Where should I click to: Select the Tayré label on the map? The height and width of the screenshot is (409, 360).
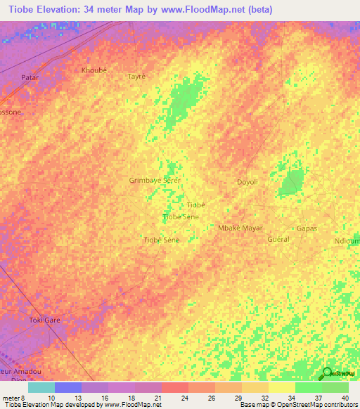[x=136, y=76]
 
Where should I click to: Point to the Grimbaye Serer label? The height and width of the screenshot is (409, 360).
[x=155, y=180]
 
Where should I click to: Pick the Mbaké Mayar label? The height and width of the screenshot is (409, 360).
[x=240, y=228]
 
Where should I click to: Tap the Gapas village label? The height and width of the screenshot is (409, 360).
[x=307, y=228]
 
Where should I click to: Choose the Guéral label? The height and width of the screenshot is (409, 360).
[x=278, y=239]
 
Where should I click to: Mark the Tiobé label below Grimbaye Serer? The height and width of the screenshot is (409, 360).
[x=195, y=204]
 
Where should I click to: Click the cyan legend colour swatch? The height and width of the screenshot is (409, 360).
[x=41, y=387]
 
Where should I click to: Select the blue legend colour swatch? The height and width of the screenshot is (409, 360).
[x=67, y=387]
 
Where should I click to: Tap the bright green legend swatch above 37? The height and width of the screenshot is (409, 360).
[x=308, y=387]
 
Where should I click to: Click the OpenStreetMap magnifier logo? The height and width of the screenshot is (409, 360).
[x=326, y=372]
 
